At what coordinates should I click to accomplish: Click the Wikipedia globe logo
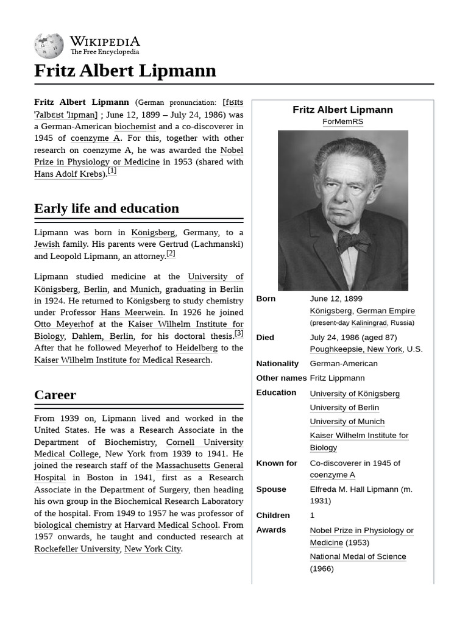pyautogui.click(x=49, y=46)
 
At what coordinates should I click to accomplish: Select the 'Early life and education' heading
pyautogui.click(x=107, y=208)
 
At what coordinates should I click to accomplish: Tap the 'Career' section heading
pyautogui.click(x=55, y=395)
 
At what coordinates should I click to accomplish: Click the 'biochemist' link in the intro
pyautogui.click(x=135, y=126)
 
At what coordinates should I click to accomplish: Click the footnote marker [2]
pyautogui.click(x=171, y=254)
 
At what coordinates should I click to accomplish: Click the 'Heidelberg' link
pyautogui.click(x=196, y=348)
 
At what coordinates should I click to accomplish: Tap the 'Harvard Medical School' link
pyautogui.click(x=171, y=525)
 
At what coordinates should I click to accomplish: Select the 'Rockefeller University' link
pyautogui.click(x=77, y=548)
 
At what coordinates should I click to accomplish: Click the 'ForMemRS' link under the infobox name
pyautogui.click(x=342, y=122)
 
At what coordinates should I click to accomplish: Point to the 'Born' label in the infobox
pyautogui.click(x=266, y=299)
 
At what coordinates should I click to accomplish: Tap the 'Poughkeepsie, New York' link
pyautogui.click(x=356, y=349)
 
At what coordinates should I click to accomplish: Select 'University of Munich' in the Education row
pyautogui.click(x=347, y=422)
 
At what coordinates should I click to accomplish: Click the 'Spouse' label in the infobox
pyautogui.click(x=271, y=489)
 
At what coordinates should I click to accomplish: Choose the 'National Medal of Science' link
pyautogui.click(x=358, y=556)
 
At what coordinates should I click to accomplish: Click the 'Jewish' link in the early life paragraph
pyautogui.click(x=47, y=244)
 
